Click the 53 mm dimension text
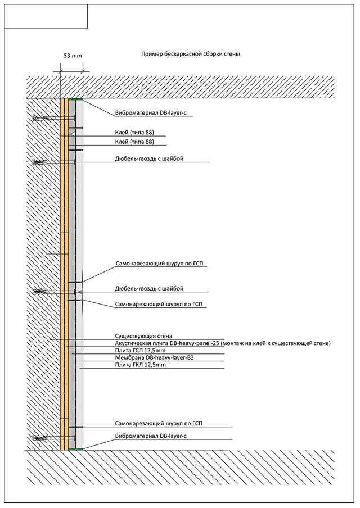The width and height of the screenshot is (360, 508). click(x=73, y=56)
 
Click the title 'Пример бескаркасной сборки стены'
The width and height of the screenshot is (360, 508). click(x=190, y=54)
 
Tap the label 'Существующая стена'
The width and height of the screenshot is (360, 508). click(x=143, y=336)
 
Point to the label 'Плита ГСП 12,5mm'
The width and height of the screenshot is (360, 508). click(x=140, y=351)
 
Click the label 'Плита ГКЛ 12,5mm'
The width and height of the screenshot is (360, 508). click(x=141, y=365)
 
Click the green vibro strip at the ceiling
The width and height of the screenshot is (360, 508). click(x=76, y=99)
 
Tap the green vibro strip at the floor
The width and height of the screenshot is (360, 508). click(x=76, y=448)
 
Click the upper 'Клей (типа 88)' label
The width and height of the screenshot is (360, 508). click(x=134, y=132)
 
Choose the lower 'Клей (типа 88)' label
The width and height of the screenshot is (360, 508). click(x=134, y=142)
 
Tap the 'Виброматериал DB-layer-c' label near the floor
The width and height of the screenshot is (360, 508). click(x=151, y=436)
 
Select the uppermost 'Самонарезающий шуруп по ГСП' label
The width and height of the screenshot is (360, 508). click(x=160, y=264)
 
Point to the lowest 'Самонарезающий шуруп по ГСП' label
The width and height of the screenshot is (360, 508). click(x=159, y=424)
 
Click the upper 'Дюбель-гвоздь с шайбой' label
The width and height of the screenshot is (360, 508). click(x=149, y=158)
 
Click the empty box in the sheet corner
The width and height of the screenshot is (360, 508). click(x=46, y=16)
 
